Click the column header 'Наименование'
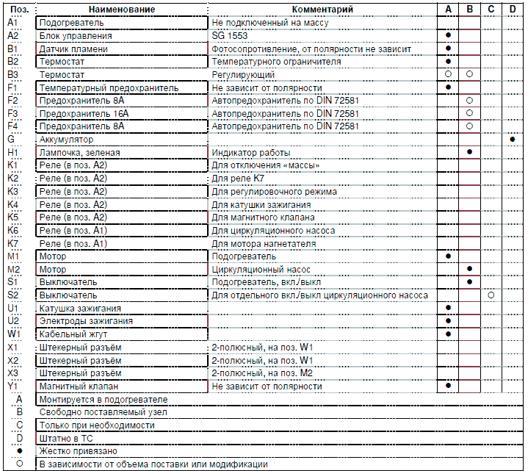[123, 9]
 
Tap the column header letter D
[512, 9]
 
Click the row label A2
[12, 35]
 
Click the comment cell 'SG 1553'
[230, 35]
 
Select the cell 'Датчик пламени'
[73, 48]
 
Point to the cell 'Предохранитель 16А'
[84, 114]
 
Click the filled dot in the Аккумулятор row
[512, 139]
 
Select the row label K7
[12, 243]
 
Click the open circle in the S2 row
[491, 295]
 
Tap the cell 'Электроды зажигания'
[86, 321]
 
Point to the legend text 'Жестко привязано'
[78, 451]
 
